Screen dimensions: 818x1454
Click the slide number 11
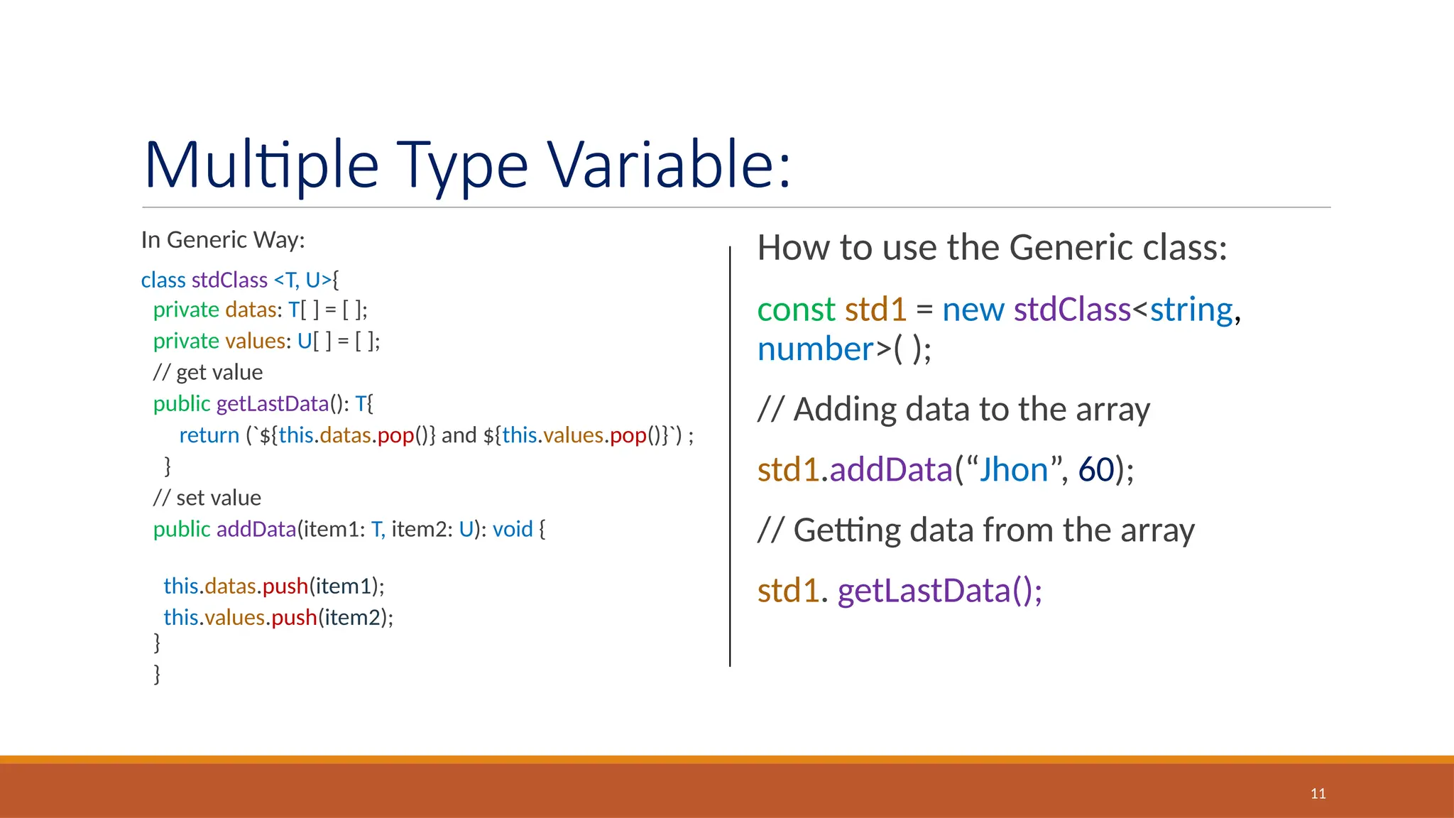pyautogui.click(x=1318, y=793)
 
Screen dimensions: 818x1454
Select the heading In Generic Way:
pyautogui.click(x=223, y=240)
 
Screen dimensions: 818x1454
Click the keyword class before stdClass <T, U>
pyautogui.click(x=163, y=280)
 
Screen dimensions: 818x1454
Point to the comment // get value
pyautogui.click(x=208, y=372)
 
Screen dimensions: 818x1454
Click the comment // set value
pyautogui.click(x=207, y=498)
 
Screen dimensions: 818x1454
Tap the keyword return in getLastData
pyautogui.click(x=209, y=435)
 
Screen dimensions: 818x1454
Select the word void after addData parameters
pyautogui.click(x=513, y=529)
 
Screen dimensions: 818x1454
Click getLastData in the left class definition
pyautogui.click(x=273, y=403)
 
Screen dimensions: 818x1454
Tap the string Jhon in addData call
pyautogui.click(x=1014, y=470)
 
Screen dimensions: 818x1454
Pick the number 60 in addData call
pyautogui.click(x=1095, y=470)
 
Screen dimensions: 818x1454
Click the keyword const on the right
pyautogui.click(x=796, y=310)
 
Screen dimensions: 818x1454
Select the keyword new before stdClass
pyautogui.click(x=973, y=310)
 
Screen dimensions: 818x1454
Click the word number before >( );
pyautogui.click(x=815, y=349)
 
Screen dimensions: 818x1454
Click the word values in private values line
pyautogui.click(x=255, y=341)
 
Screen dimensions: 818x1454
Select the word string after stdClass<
pyautogui.click(x=1191, y=310)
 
